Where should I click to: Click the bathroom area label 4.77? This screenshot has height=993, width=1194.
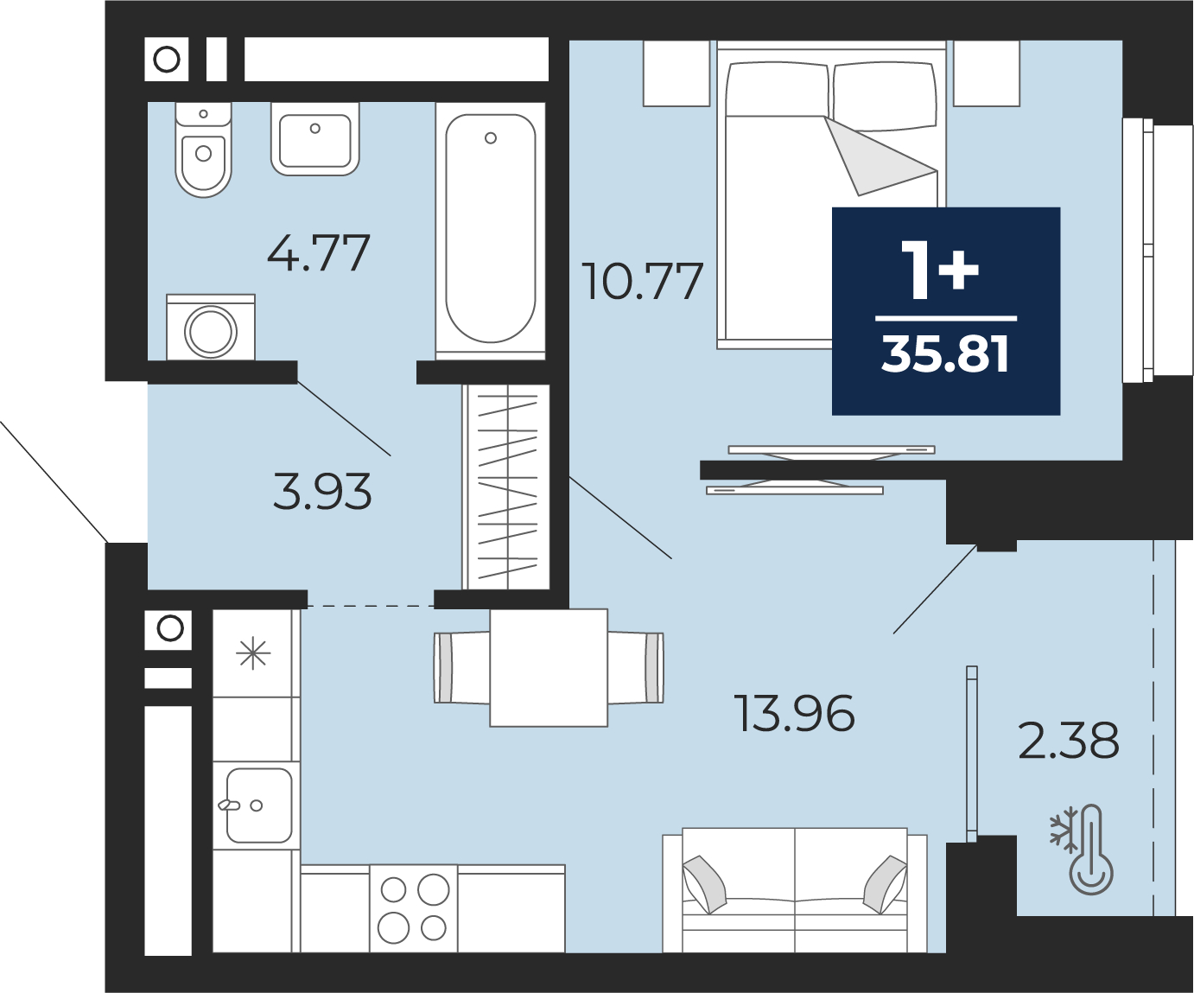(319, 253)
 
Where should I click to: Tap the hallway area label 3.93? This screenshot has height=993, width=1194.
(322, 491)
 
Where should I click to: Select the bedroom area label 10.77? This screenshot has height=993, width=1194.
(642, 281)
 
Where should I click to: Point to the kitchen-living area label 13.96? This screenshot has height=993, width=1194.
(797, 713)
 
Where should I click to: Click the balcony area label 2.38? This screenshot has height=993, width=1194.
(1068, 740)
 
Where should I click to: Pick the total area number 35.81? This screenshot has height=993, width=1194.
(945, 355)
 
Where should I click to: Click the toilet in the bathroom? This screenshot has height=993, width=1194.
(203, 150)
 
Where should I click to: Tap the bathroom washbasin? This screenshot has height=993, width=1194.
(315, 139)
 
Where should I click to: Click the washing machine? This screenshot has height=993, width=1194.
(211, 328)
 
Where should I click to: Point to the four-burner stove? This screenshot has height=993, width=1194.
(414, 908)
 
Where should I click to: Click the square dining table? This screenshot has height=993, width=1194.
(549, 668)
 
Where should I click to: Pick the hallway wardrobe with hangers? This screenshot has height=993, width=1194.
(506, 487)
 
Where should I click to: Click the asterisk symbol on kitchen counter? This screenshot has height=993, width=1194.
(253, 654)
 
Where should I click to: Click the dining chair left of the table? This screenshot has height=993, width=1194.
(462, 667)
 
